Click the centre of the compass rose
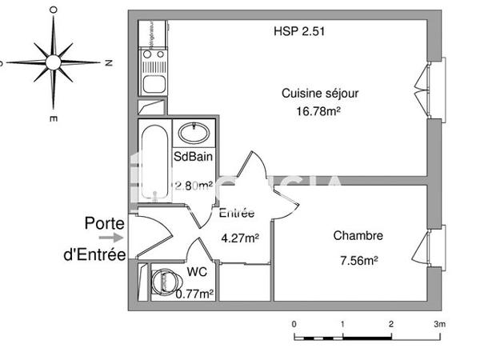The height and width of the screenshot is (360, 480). (x=54, y=62)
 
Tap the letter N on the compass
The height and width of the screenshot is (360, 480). (x=107, y=62)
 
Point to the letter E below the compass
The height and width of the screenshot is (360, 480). (x=53, y=118)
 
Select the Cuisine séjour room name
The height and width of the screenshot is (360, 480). (x=320, y=94)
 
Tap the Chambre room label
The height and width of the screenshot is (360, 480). (x=358, y=236)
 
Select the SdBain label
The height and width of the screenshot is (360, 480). (x=193, y=157)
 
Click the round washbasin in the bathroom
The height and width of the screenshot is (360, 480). (x=193, y=132)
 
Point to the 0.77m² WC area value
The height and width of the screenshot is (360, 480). (x=194, y=294)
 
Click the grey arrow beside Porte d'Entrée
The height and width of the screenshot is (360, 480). (x=117, y=237)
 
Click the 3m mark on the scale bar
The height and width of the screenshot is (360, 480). (x=438, y=324)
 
